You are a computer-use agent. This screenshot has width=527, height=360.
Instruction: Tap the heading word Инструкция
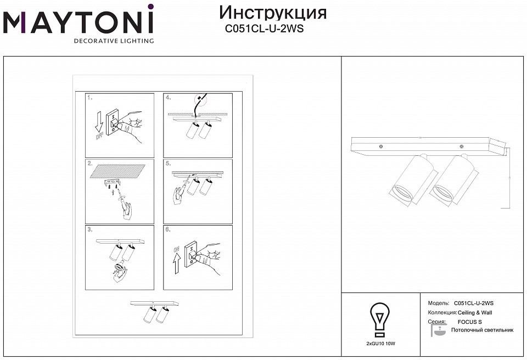tap(272, 13)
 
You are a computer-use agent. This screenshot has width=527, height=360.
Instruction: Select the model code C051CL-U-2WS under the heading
tap(265, 30)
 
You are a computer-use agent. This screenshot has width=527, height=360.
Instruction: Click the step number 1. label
tap(91, 98)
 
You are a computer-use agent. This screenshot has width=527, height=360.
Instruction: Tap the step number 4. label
tap(169, 98)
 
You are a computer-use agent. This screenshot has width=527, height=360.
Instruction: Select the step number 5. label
tap(169, 164)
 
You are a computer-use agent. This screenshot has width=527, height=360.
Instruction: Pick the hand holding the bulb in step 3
tap(117, 273)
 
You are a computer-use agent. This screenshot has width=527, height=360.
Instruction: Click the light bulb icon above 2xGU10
tap(380, 319)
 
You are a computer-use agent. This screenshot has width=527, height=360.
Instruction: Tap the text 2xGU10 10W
tap(380, 344)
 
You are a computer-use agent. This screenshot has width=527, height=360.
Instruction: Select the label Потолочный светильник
tap(482, 330)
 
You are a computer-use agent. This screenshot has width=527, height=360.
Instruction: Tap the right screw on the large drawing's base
tap(461, 147)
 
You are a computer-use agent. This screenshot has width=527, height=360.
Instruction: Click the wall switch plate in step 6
tap(193, 254)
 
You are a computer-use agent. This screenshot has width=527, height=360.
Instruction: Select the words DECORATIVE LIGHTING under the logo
tap(114, 41)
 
